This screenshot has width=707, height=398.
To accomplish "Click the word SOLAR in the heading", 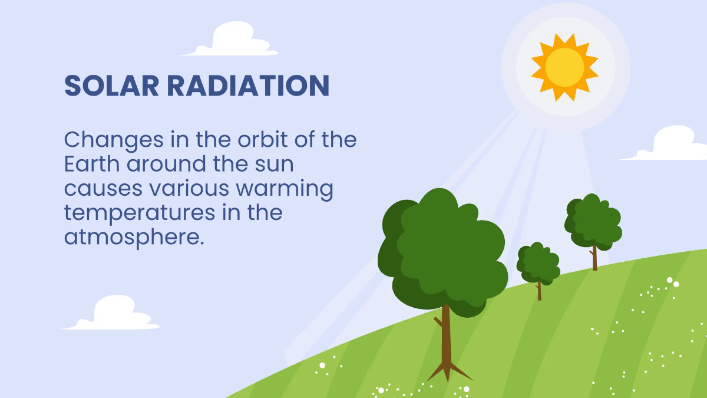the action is tap(111, 85).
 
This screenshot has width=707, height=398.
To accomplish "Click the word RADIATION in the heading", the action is tap(249, 85).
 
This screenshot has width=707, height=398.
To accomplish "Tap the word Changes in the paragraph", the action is tap(114, 140).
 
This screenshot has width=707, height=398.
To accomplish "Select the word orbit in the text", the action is tap(263, 139).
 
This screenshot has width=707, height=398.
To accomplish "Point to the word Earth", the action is tap(92, 164).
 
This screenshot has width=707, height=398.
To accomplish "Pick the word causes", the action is tap(103, 189).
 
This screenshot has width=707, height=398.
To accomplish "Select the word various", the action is tap(189, 188).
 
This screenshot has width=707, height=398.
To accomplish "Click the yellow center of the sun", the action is tap(564, 67).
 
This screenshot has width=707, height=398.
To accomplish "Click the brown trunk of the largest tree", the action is tap(445, 335).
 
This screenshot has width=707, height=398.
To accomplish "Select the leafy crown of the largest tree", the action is tap(442, 253).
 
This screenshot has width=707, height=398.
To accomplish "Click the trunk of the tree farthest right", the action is tap(594, 258).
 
